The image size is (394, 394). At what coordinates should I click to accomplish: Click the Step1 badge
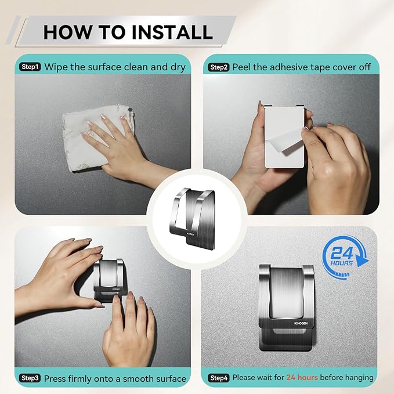[x=30, y=67]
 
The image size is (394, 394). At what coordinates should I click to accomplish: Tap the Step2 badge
[x=218, y=67]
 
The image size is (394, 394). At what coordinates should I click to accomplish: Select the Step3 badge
[x=30, y=378]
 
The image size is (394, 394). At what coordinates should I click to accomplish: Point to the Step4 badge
[x=218, y=378]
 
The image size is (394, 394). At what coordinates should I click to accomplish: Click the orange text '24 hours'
[x=302, y=378]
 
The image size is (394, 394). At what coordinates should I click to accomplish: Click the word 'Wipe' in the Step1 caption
[x=57, y=67]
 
